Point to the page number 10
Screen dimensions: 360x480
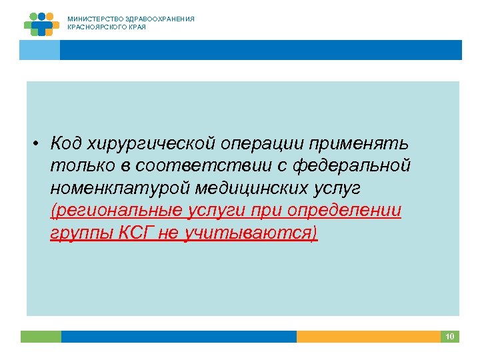pos(449,337)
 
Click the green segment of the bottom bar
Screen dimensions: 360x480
pos(40,337)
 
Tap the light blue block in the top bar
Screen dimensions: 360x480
pos(40,50)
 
